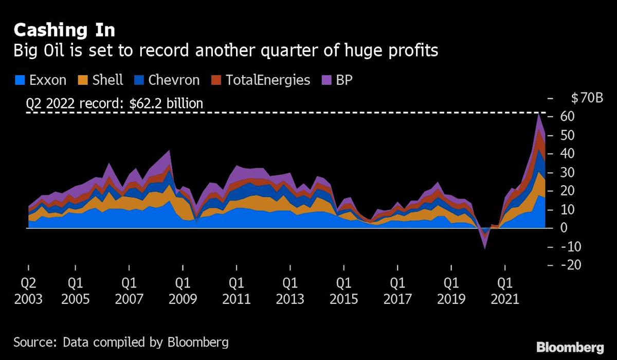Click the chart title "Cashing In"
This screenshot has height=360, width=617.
pos(64,30)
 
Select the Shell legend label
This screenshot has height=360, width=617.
pos(107,80)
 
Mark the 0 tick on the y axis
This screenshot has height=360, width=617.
pos(564,228)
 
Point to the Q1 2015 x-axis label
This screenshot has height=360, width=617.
pos(343,291)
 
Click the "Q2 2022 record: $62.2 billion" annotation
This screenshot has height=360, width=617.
pos(114,104)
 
